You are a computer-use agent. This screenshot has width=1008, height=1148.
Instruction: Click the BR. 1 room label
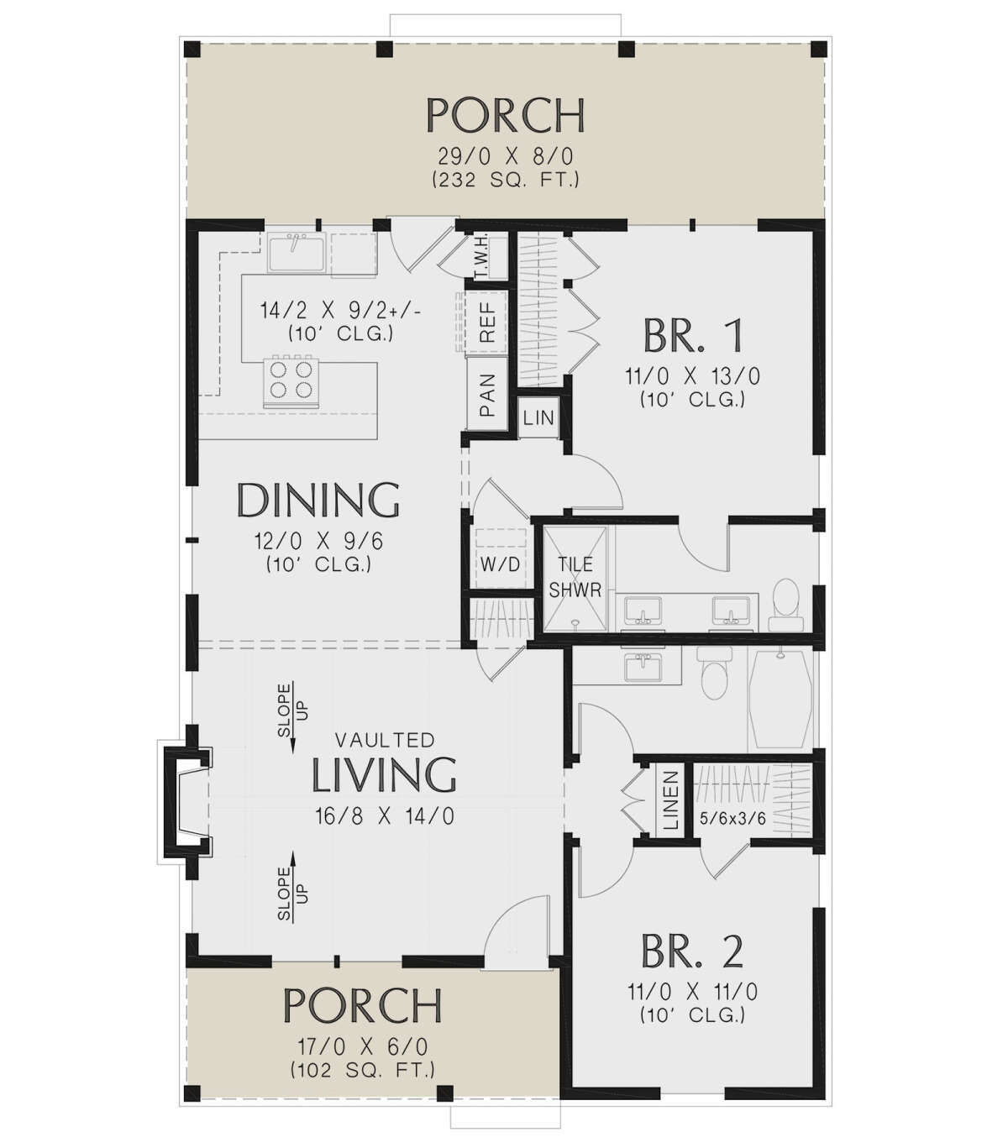692,335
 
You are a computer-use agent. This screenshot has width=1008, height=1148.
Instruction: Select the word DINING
318,500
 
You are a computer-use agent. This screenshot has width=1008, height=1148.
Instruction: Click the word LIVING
384,774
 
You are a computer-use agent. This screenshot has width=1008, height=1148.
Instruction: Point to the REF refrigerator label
487,321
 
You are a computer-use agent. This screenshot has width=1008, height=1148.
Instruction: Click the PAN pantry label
487,395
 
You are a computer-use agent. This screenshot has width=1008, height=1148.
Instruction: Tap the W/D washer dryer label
500,564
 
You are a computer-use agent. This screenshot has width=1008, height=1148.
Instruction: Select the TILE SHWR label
575,577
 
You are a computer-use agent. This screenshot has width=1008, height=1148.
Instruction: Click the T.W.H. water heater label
482,257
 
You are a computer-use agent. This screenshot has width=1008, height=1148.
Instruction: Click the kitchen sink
297,253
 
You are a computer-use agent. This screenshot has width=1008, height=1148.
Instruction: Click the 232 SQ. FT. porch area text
506,180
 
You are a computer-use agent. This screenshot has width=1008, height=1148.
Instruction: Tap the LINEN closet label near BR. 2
670,800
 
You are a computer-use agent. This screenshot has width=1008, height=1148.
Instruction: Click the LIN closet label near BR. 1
538,417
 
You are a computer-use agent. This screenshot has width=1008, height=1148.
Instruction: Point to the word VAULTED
385,740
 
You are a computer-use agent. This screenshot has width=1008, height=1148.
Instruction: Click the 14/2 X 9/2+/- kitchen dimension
340,311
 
